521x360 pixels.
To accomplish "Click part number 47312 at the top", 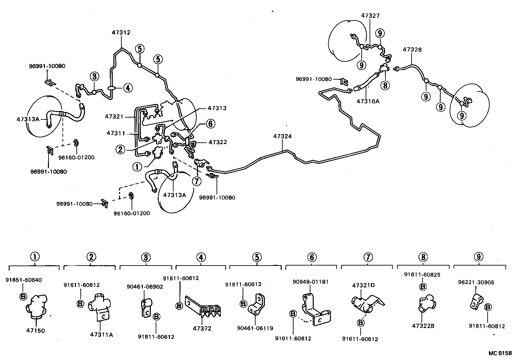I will (121, 32).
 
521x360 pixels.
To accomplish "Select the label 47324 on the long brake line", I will (283, 136).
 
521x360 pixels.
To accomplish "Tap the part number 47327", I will (370, 16).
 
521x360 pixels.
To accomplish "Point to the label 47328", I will (412, 50).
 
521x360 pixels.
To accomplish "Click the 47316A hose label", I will (368, 101).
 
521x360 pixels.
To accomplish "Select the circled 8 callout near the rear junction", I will (385, 86).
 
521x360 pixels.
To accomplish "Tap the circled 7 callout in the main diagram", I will (197, 181).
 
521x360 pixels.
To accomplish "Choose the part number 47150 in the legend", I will (35, 330).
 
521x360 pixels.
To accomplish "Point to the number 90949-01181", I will (310, 282).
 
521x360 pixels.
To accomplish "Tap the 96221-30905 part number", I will (476, 282).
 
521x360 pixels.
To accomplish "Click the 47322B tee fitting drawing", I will (424, 303).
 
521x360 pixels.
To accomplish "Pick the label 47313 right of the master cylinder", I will (217, 108).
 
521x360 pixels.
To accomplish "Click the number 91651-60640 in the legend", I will (24, 280).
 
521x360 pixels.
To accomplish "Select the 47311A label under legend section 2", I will (101, 334).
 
